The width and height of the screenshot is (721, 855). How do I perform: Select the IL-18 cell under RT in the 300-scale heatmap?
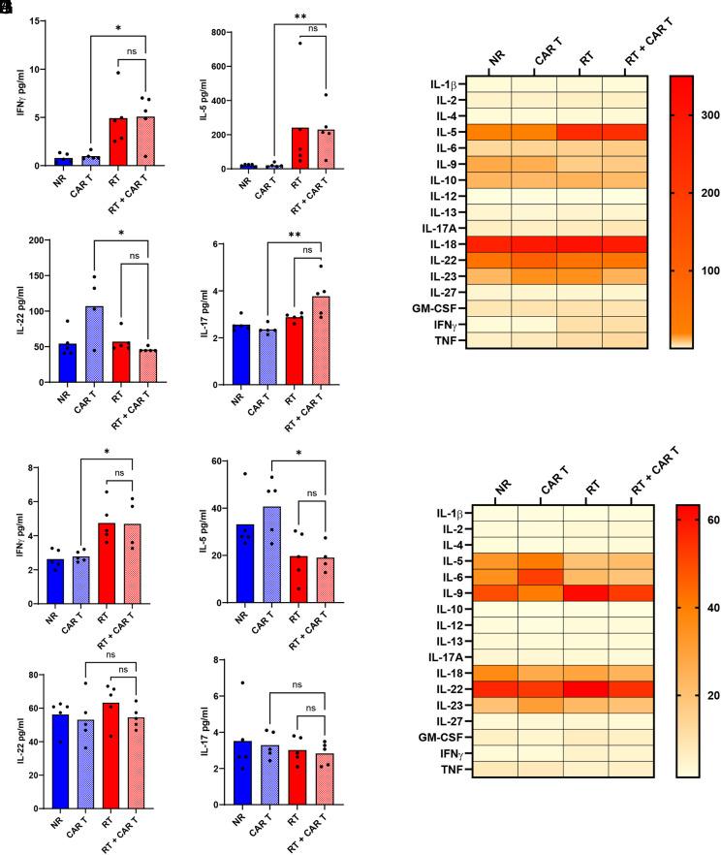tap(580, 244)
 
